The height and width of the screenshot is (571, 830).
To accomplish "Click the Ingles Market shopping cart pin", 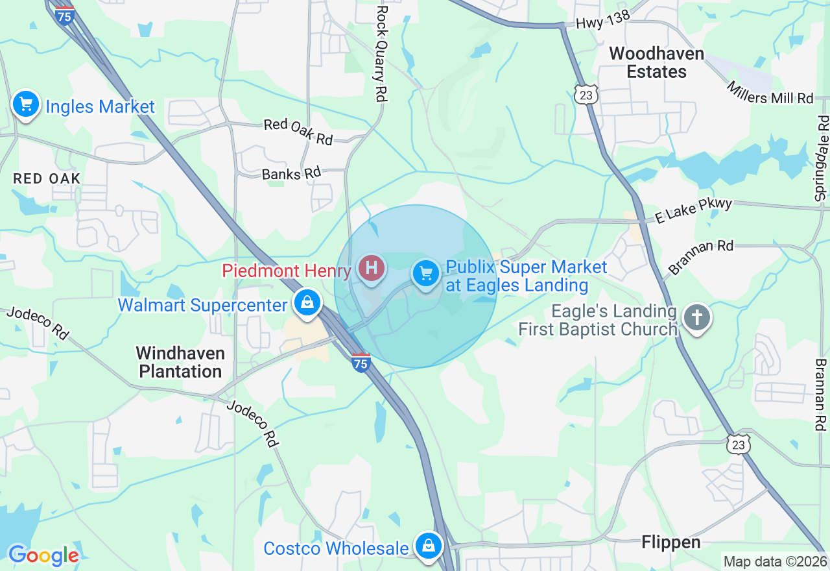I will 26,104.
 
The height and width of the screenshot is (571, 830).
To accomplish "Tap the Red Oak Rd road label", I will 298,132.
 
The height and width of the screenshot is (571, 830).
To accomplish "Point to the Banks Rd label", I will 291,174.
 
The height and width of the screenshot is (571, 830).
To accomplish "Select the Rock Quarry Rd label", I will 381,53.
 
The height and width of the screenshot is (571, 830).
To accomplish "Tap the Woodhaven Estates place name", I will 656,62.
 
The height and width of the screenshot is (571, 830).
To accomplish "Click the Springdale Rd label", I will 822,158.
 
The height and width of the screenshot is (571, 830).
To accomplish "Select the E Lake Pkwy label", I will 693,211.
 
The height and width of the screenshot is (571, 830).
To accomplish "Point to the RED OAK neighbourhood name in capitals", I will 47,178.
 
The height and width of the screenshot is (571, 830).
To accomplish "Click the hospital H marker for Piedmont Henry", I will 372,267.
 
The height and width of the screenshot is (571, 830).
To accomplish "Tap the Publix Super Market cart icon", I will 426,274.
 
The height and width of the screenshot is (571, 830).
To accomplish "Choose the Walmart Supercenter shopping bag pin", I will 307,302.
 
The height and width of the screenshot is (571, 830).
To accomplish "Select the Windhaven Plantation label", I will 180,362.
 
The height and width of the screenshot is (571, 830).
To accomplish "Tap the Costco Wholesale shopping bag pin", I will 428,546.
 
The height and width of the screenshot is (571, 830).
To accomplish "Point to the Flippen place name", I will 671,542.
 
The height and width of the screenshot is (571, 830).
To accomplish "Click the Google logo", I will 43,555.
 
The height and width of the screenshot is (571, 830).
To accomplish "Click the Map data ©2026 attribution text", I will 775,561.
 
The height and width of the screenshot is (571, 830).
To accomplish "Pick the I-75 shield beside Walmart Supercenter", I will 361,362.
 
